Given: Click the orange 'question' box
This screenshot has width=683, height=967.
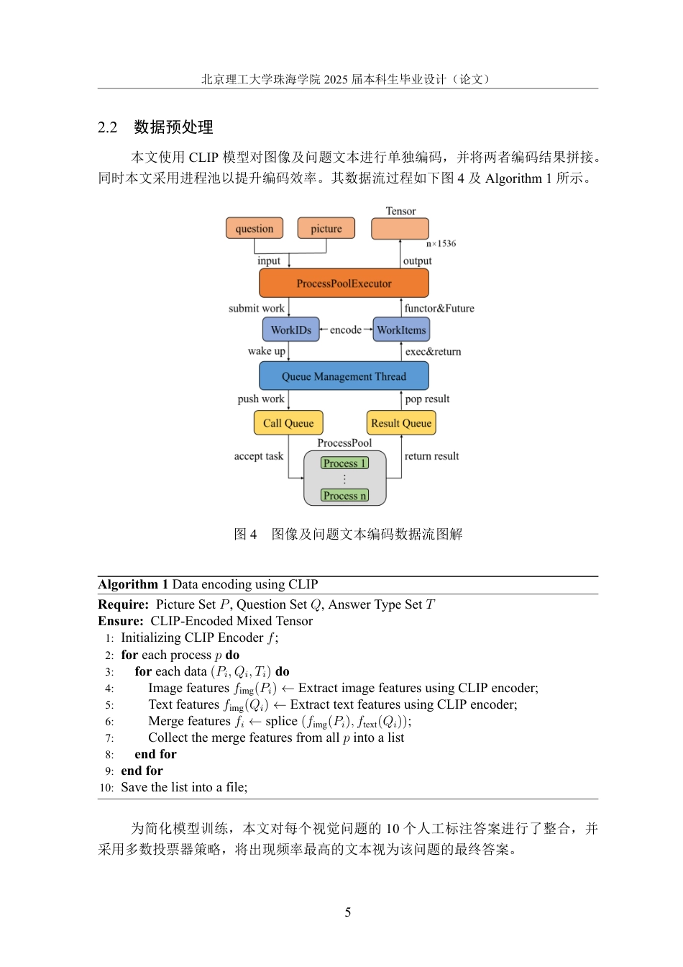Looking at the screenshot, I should point(255,228).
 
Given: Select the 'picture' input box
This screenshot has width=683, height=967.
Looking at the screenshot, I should point(326,228).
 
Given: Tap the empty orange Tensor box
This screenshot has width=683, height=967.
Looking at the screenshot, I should point(400,228).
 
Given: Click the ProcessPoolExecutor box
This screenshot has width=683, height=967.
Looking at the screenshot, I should point(344,283).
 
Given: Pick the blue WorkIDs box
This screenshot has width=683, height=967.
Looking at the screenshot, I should point(290,330).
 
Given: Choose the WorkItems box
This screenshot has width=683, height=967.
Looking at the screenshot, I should point(401,330).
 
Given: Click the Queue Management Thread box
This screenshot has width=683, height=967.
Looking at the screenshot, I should point(344,376).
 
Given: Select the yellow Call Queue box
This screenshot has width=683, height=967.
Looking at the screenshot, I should point(288,422).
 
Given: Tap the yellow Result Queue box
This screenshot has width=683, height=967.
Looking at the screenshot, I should point(401,422).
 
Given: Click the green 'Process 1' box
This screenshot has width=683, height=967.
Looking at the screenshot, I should point(344,463).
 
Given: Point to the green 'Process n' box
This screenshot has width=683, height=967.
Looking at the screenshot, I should point(344,495).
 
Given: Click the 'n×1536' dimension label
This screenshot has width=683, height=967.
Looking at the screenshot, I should point(441,243).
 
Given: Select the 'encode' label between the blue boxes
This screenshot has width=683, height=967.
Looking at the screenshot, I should point(346,330).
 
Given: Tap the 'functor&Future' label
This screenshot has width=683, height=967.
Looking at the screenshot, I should point(439,308).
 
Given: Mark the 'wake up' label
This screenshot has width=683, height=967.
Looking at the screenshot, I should point(267,350).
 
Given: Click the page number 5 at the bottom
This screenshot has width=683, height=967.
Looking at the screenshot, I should point(348,912).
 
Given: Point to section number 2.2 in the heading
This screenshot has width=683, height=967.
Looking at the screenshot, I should point(107,127).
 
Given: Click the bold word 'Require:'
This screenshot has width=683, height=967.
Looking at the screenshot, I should point(124,604).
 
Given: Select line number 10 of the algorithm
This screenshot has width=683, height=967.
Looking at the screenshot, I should point(106,788).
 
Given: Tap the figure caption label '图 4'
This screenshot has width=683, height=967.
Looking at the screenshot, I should point(245,534).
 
